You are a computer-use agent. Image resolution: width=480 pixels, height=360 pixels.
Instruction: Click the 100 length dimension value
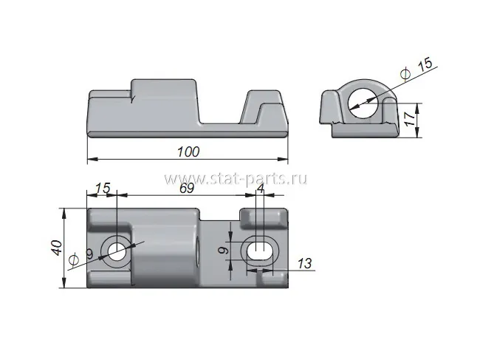188,152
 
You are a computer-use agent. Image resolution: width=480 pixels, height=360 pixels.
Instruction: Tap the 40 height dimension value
57,248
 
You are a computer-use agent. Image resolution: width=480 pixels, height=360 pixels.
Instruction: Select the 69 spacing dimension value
186,188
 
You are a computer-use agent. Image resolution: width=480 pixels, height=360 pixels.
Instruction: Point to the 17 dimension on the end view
410,119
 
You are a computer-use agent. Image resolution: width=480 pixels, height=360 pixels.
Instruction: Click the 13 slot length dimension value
304,263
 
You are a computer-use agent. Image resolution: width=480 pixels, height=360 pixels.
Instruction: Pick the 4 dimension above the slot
261,188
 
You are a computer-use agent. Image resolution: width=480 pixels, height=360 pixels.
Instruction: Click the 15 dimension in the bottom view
103,188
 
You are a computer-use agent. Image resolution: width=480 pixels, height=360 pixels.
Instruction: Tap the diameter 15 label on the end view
416,69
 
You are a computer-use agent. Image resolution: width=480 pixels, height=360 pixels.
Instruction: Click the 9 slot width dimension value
224,251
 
